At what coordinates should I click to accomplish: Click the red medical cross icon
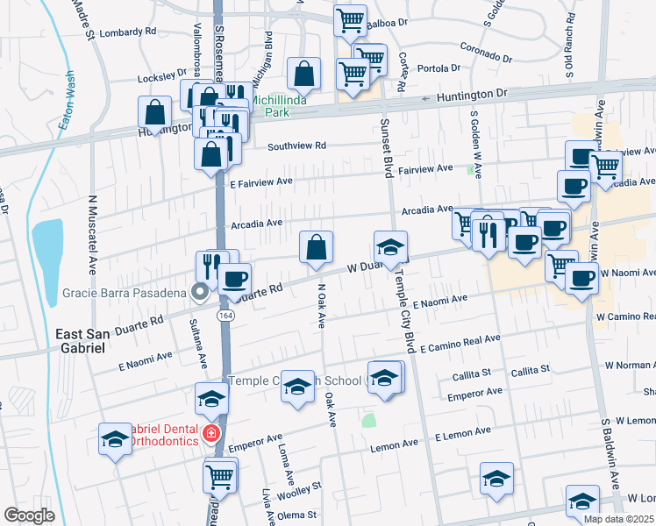210,433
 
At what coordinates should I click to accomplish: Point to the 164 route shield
226,315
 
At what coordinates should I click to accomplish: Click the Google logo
30,515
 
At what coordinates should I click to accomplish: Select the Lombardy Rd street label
128,31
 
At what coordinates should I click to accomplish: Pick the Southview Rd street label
296,146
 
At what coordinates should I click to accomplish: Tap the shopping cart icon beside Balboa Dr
350,20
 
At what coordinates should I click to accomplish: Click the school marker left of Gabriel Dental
115,440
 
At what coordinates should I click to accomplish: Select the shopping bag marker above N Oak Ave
316,246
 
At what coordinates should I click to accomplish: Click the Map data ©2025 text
618,519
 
